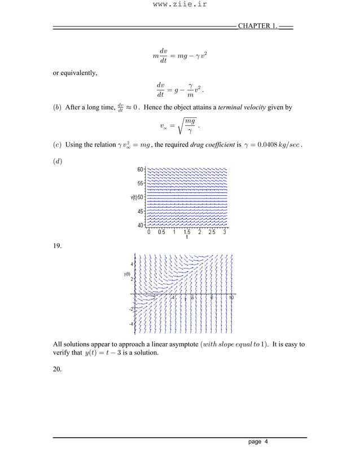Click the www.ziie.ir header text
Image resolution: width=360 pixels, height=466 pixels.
tap(180, 6)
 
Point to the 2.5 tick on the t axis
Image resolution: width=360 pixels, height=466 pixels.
tap(212, 232)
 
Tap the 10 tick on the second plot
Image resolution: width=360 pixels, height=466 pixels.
tap(231, 298)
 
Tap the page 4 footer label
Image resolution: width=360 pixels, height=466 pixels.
tap(258, 442)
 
